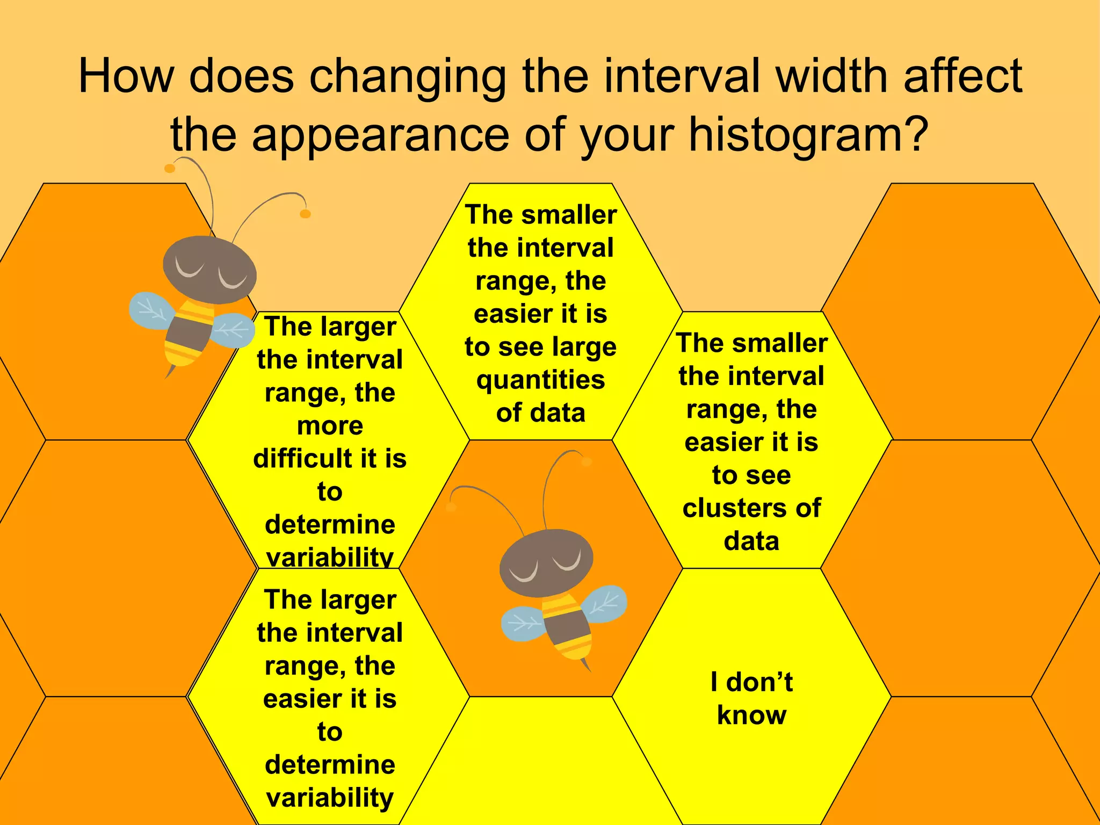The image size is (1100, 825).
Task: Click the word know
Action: coord(751,715)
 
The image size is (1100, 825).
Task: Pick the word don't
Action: coord(759,682)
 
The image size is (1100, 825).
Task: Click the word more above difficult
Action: coord(330,426)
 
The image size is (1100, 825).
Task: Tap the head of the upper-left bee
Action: coord(209,269)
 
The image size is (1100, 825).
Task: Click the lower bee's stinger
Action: coord(586,666)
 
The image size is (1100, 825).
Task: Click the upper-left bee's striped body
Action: coord(188,333)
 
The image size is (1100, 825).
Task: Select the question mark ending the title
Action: coord(913,134)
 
